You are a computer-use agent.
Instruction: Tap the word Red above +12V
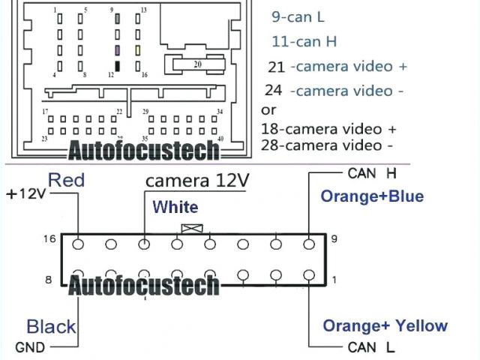66,180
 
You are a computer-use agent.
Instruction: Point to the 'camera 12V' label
196,181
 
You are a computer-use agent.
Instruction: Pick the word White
175,207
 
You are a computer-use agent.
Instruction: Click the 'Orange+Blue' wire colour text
372,196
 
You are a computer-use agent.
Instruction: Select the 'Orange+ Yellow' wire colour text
385,325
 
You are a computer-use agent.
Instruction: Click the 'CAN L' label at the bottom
371,347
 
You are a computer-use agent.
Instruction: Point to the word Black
51,326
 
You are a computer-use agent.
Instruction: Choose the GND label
30,347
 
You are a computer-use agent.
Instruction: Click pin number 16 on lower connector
49,238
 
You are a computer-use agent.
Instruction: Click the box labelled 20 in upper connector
198,65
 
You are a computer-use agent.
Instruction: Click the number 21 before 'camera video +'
276,67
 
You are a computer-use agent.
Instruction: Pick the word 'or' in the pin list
268,109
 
